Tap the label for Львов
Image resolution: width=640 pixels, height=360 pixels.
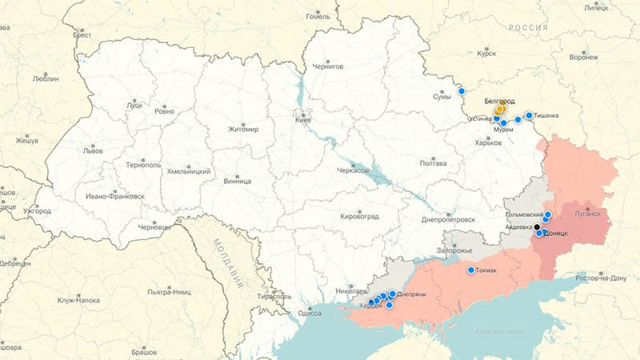pos(92,150)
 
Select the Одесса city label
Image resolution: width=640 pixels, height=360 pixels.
pos(310,313)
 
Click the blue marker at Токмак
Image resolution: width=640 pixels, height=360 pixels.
pos(471,270)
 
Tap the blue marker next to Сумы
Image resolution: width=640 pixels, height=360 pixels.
pos(462,91)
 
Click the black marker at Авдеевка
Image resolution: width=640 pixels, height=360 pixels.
pos(537,227)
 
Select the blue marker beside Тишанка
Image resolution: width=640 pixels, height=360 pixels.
pos(529,115)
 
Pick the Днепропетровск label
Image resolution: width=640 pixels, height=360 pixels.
pos(448,219)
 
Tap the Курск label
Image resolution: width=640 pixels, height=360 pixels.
pos(486,54)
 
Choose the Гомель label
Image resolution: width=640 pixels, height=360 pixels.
pos(318,16)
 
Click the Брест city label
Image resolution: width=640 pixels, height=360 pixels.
pos(82,35)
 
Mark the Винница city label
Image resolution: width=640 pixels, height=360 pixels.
pos(237,181)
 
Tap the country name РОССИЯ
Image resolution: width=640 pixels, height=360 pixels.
pos(529,28)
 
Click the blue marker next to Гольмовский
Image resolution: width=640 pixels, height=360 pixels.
pos(548,215)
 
